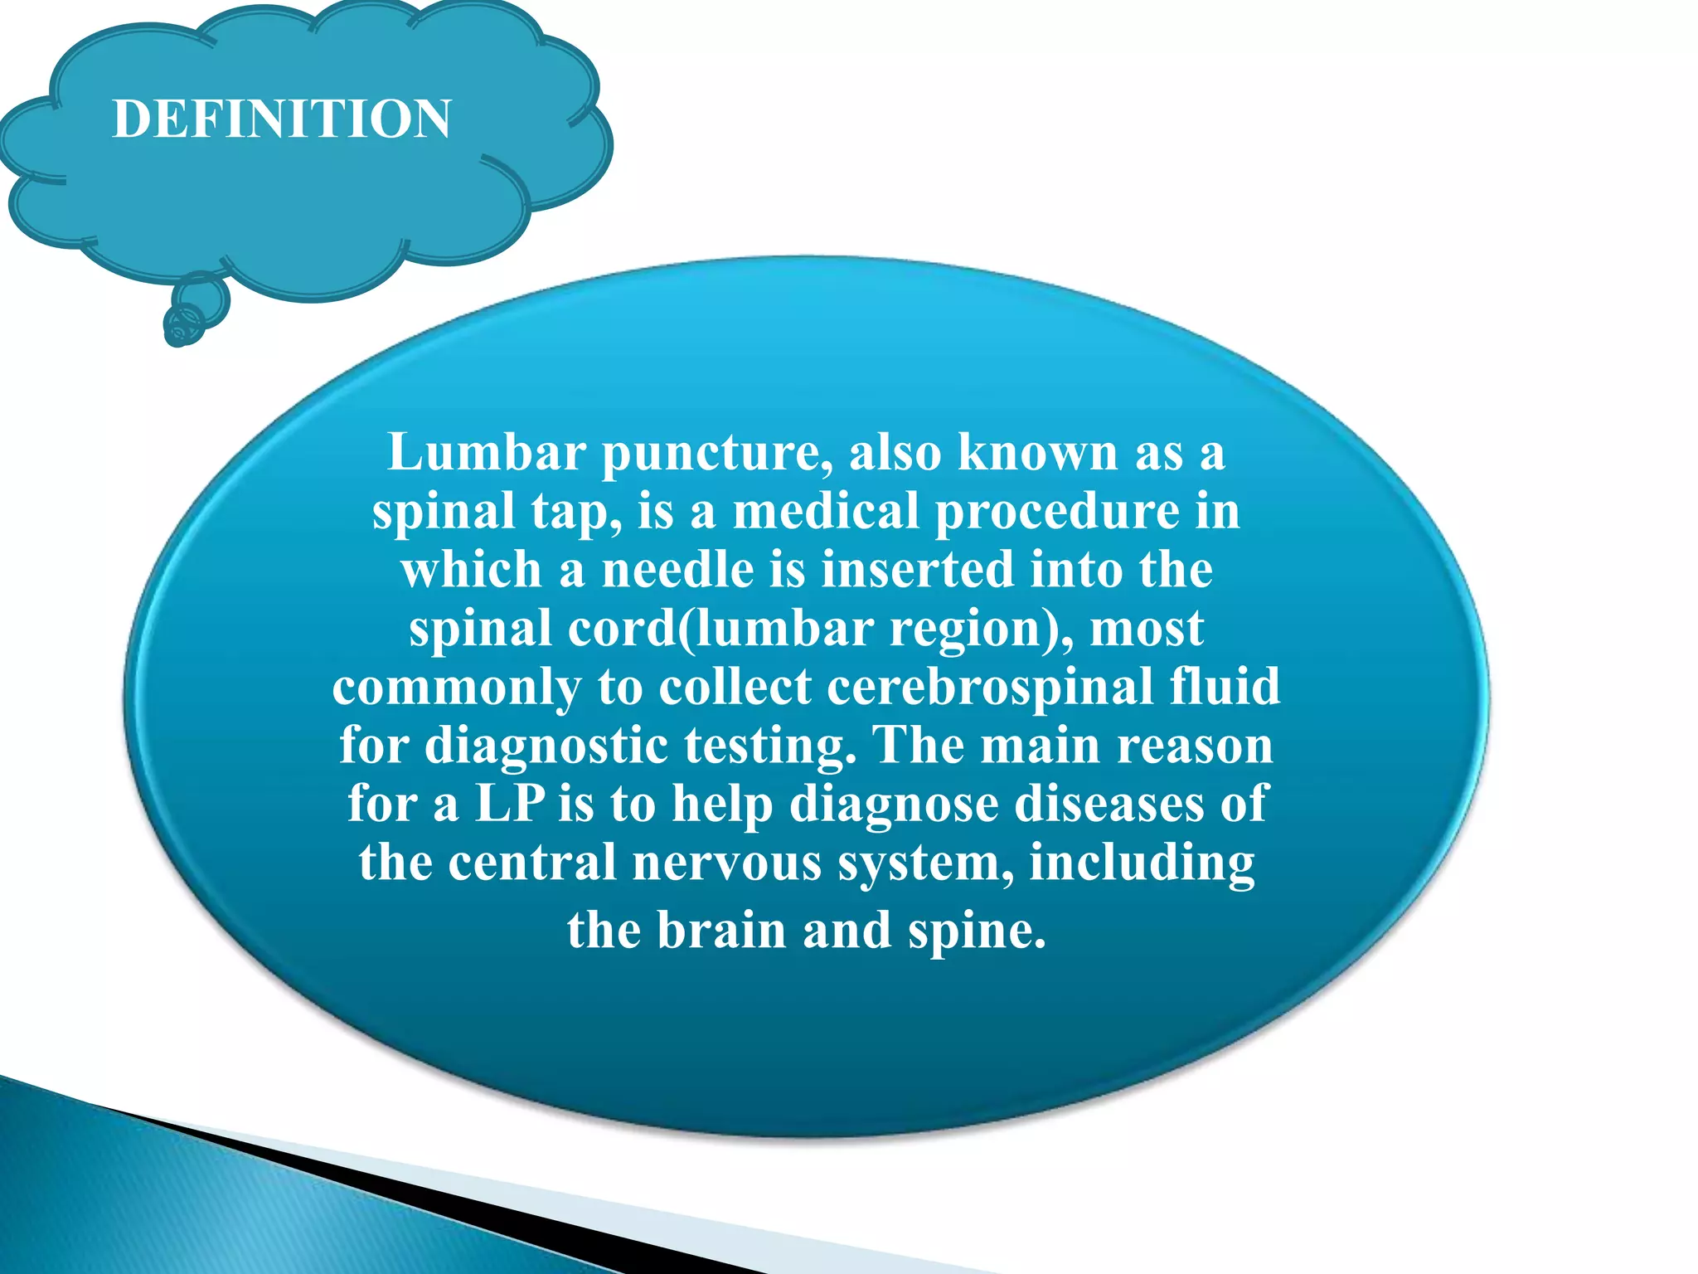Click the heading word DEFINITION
(282, 119)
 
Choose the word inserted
(918, 570)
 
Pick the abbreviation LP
(510, 804)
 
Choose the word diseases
(1109, 804)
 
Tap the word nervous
(725, 863)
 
